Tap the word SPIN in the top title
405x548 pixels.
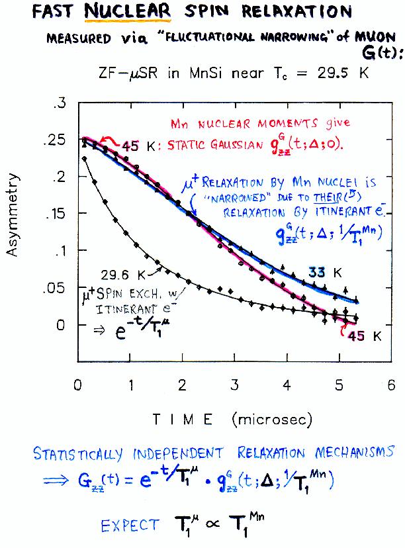[206, 13]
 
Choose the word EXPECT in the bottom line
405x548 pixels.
[130, 526]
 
